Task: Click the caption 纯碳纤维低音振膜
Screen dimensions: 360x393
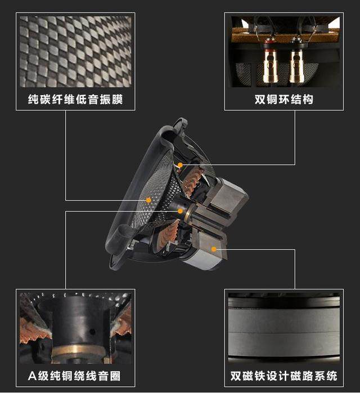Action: pos(75,99)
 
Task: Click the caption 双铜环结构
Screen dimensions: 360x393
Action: pos(284,99)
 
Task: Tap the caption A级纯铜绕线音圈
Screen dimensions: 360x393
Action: pos(74,376)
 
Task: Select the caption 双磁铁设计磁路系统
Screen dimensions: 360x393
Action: pos(283,376)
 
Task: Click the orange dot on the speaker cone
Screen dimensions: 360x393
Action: pos(148,200)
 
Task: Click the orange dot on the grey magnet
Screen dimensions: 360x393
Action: pos(214,249)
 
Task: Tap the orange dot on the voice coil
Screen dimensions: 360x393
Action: pos(180,211)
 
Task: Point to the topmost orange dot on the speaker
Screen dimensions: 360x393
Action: pos(180,165)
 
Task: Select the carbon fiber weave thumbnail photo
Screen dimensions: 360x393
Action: pos(75,52)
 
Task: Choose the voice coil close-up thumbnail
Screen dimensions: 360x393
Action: pos(75,328)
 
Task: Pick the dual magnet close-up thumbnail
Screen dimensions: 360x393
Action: pos(284,328)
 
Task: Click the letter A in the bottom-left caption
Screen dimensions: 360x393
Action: pos(32,376)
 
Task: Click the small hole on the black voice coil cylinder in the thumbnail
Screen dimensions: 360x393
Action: pos(92,332)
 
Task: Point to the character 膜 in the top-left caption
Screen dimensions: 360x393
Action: pos(118,99)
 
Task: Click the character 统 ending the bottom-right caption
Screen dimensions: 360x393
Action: pos(332,376)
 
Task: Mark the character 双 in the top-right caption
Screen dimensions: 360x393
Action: pos(260,99)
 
